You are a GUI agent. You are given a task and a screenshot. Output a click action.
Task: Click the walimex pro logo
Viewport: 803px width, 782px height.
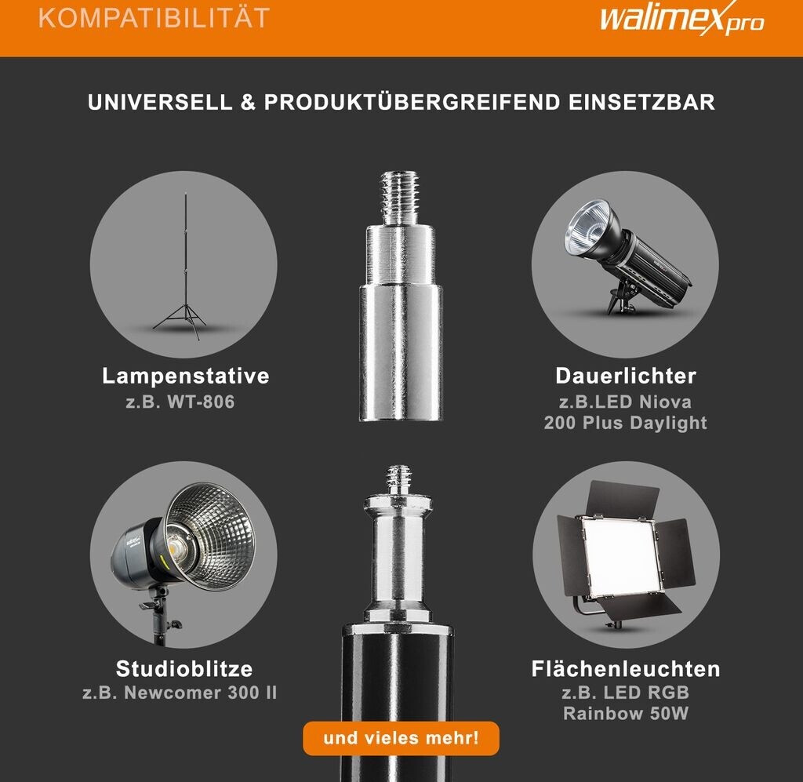[681, 18]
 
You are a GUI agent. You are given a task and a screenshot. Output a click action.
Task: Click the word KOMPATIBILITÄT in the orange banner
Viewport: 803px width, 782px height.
[154, 18]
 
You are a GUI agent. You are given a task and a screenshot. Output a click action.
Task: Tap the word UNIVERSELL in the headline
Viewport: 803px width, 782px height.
[160, 103]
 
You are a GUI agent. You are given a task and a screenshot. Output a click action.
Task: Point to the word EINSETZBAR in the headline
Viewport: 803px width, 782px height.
[641, 103]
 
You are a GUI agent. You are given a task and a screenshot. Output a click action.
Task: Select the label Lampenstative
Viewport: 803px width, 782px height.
[185, 376]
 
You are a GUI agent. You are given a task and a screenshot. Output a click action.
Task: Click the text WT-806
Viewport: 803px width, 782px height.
[201, 402]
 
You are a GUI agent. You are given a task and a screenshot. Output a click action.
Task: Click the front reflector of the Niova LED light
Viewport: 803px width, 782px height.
[589, 225]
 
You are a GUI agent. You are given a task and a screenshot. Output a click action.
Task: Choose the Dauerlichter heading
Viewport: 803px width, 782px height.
[625, 376]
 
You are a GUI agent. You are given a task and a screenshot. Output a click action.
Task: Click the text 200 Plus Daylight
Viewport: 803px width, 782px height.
[625, 423]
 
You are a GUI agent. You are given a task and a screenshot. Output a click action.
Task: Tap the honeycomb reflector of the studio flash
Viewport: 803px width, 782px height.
[211, 535]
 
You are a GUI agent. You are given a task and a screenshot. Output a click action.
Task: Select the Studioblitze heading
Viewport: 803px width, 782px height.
[184, 669]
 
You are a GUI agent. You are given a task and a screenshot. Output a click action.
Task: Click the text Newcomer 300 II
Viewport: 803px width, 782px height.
[200, 693]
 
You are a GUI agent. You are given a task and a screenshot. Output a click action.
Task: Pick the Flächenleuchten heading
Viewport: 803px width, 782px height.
[625, 669]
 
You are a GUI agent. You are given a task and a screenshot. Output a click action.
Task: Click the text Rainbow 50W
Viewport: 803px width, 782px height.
[625, 714]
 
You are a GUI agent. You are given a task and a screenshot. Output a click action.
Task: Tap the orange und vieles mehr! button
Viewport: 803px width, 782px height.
[401, 739]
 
